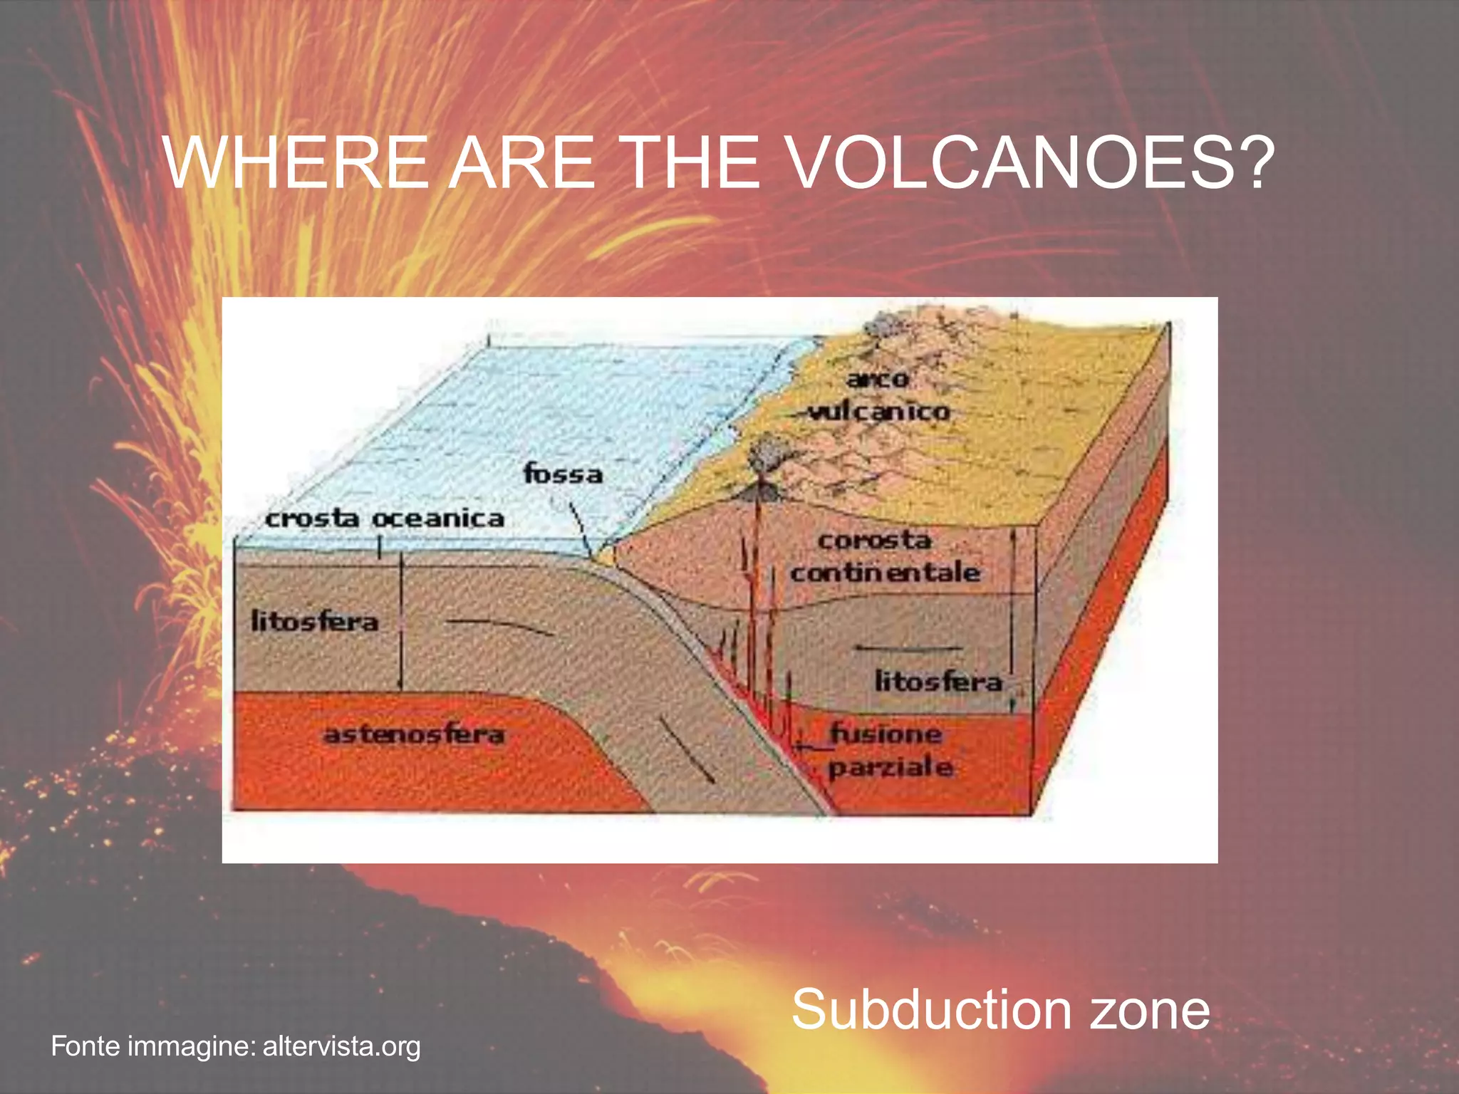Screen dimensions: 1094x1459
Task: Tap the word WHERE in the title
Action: pyautogui.click(x=296, y=164)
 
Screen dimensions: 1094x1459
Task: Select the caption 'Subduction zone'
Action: pyautogui.click(x=1000, y=1010)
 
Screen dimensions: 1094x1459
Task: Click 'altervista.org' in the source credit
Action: pyautogui.click(x=342, y=1047)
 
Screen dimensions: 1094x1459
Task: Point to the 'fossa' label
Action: pyautogui.click(x=563, y=474)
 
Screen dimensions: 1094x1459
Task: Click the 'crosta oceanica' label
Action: pyautogui.click(x=385, y=519)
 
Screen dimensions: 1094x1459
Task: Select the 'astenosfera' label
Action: pyautogui.click(x=414, y=734)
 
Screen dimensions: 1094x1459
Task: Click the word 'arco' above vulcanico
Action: pyautogui.click(x=878, y=379)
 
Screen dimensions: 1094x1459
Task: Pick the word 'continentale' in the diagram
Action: pyautogui.click(x=885, y=572)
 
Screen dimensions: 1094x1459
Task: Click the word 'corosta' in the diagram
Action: pyautogui.click(x=874, y=541)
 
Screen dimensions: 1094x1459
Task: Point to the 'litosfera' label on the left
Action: pyautogui.click(x=314, y=622)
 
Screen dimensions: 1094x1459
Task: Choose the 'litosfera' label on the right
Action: pyautogui.click(x=938, y=682)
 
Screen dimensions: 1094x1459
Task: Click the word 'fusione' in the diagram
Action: pyautogui.click(x=887, y=733)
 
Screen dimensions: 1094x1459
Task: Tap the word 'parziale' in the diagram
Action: pyautogui.click(x=891, y=768)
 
